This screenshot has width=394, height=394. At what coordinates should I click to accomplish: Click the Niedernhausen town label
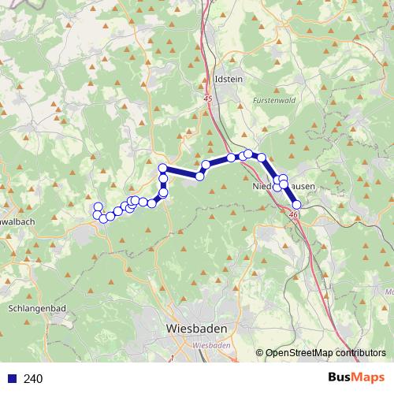pos(284,187)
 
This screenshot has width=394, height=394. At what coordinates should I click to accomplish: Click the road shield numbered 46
pos(293,214)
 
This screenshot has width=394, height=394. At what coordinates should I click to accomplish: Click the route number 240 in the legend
pos(33,379)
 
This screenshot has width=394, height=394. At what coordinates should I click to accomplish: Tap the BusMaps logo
pos(356,378)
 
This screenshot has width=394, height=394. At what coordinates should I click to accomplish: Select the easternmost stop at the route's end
pos(296,205)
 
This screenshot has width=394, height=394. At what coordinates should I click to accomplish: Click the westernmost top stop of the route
pos(98,206)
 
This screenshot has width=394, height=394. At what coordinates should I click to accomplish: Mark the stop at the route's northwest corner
pos(162,168)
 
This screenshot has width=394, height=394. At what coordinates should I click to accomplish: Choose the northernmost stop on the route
pos(248,154)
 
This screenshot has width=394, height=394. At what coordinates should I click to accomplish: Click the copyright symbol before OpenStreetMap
pos(261,353)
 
